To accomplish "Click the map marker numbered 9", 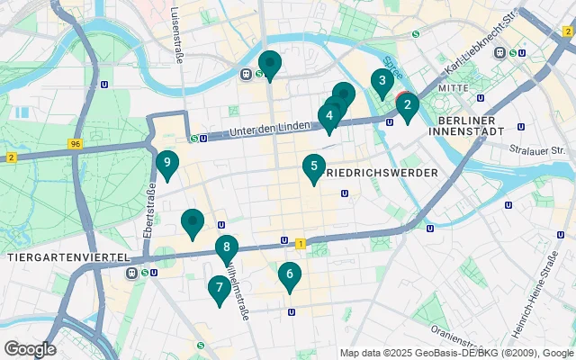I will click(x=166, y=164).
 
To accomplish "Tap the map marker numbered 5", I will click(x=313, y=166).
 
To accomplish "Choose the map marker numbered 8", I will click(x=227, y=247).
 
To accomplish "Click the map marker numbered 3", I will click(x=382, y=83).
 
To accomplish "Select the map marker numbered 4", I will click(x=329, y=116).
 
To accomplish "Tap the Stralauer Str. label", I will click(x=536, y=150).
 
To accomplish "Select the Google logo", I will click(x=30, y=349).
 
